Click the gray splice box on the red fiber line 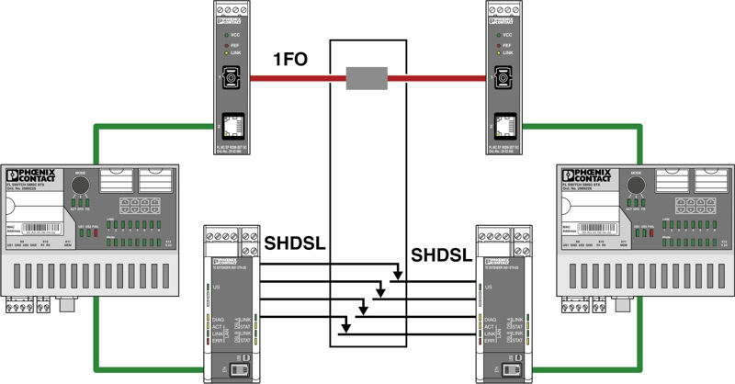click(366, 80)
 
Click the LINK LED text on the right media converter click(516, 53)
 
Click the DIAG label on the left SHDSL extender click(219, 319)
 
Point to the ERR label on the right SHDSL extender click(492, 341)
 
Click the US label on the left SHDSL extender click(217, 288)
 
